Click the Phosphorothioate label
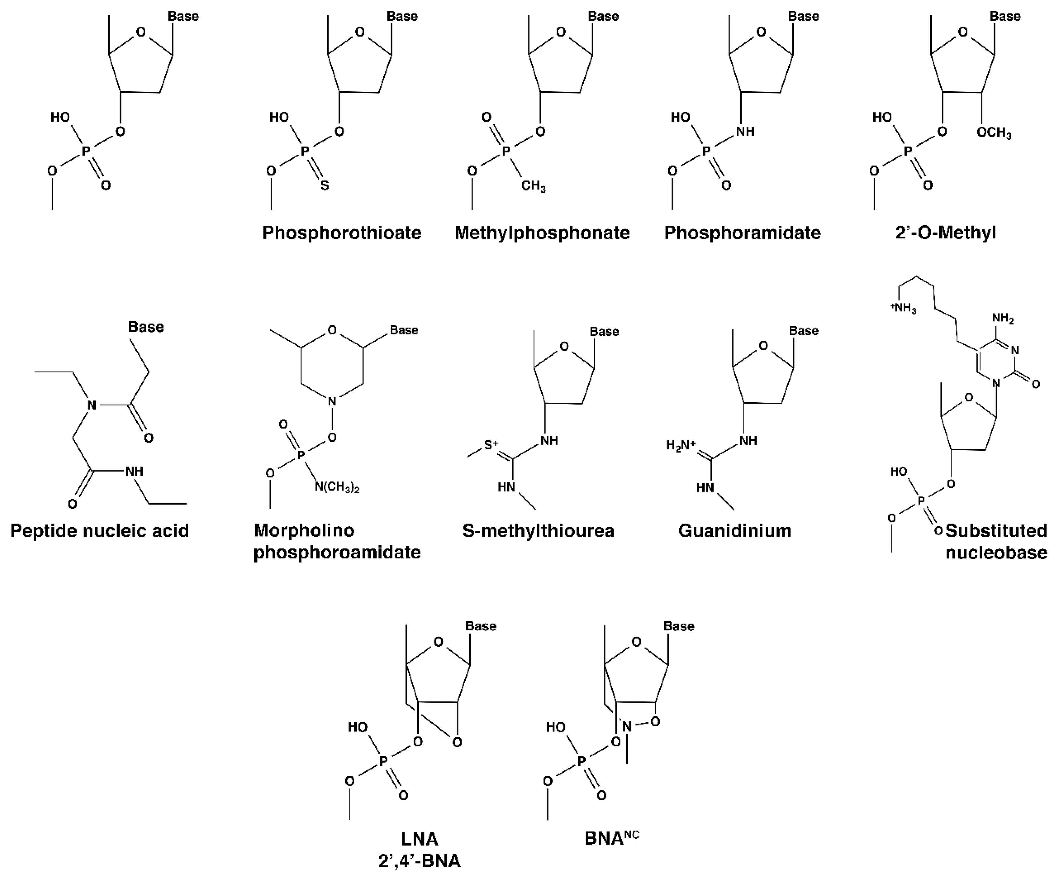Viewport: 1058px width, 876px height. click(342, 233)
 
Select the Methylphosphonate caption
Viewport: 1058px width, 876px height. click(542, 233)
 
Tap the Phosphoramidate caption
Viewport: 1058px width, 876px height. click(742, 233)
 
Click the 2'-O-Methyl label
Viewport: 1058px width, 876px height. click(946, 233)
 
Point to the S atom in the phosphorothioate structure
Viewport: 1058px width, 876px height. click(325, 185)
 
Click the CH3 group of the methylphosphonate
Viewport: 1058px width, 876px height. click(533, 186)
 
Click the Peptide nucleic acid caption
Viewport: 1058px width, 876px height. click(100, 531)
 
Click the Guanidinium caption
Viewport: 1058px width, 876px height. click(735, 531)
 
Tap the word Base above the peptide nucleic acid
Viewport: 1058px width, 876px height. click(146, 327)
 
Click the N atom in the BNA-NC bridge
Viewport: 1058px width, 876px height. click(627, 726)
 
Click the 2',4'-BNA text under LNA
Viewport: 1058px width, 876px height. click(420, 861)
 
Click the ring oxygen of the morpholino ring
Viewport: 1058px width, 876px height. click(332, 330)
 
